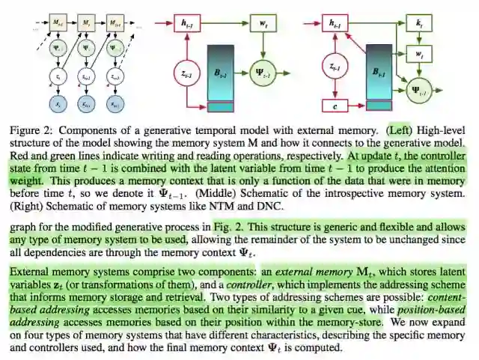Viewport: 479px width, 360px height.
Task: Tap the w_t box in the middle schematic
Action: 263,24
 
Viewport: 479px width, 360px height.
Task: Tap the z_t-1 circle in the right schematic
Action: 335,67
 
